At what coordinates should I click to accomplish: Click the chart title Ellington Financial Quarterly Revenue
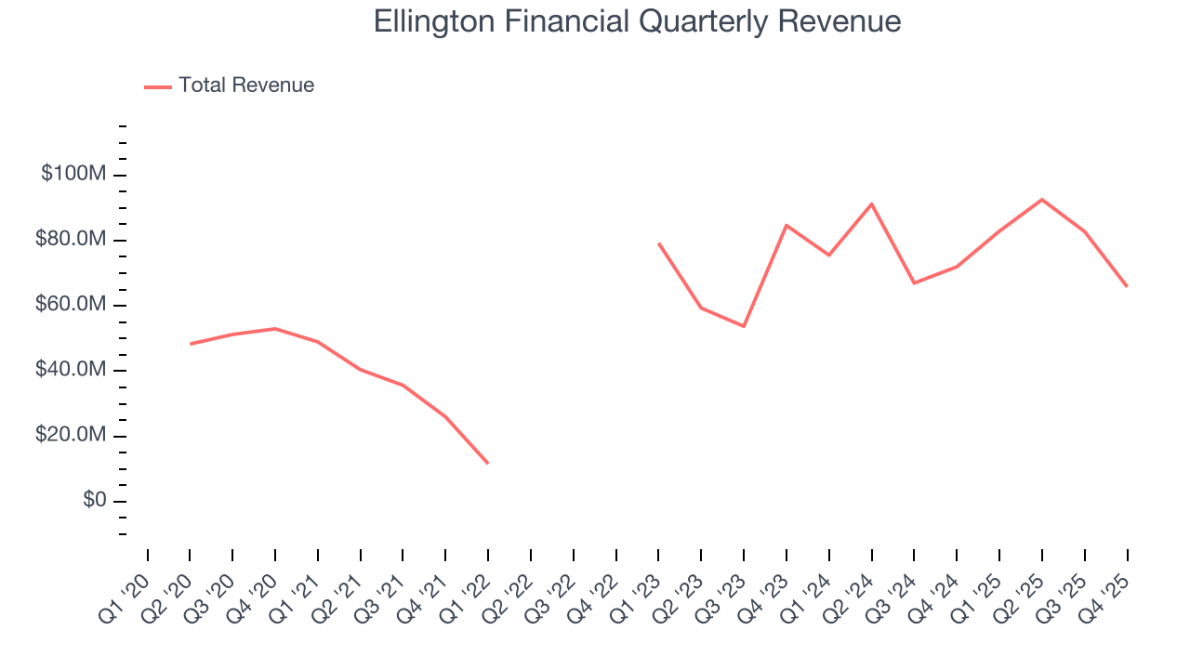pyautogui.click(x=637, y=21)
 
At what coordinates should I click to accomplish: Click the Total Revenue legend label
pyautogui.click(x=246, y=85)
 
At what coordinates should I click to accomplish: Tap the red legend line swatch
pyautogui.click(x=158, y=86)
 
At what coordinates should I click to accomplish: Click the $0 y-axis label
pyautogui.click(x=94, y=501)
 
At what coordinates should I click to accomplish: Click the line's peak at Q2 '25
pyautogui.click(x=1042, y=199)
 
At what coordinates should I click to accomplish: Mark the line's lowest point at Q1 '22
pyautogui.click(x=488, y=463)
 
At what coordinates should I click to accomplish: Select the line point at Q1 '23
pyautogui.click(x=658, y=243)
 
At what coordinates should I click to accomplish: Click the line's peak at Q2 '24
pyautogui.click(x=871, y=203)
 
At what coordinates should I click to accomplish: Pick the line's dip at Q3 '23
pyautogui.click(x=744, y=326)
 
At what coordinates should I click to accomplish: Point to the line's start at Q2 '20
pyautogui.click(x=191, y=344)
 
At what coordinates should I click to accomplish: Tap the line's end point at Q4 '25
pyautogui.click(x=1127, y=286)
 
